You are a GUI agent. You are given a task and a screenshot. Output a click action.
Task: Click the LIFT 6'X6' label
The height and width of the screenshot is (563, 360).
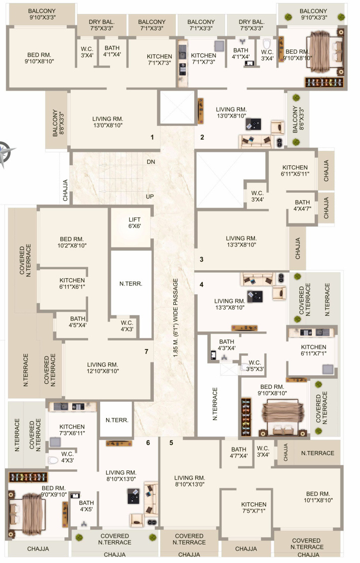pos(135,223)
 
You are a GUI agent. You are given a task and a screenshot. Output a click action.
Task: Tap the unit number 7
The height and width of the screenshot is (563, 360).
pos(146,351)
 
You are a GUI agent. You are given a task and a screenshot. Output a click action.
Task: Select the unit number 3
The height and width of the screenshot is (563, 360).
pos(202,259)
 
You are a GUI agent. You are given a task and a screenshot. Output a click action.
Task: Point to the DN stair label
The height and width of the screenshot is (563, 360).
pos(151,162)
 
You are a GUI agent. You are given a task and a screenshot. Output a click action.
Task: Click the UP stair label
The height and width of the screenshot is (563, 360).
pos(150,197)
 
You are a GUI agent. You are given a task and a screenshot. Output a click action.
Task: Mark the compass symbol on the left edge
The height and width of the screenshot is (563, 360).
pos(5,153)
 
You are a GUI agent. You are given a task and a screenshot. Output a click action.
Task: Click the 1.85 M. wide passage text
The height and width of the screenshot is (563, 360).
pos(175,318)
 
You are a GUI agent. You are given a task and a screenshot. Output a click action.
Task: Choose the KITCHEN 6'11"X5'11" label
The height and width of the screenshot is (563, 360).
pos(295,171)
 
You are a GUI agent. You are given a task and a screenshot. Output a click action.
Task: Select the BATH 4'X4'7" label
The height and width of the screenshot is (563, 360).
pos(303,206)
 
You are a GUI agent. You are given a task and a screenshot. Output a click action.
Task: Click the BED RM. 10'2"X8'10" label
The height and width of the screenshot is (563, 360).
pos(72,242)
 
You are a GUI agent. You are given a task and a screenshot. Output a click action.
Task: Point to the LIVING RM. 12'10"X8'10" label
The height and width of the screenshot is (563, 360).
pos(103,368)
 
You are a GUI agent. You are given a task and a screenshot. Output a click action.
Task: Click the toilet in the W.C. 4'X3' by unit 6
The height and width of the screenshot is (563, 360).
pos(53,460)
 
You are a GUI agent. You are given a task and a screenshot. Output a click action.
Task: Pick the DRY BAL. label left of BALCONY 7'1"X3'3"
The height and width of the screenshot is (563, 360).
pos(102,25)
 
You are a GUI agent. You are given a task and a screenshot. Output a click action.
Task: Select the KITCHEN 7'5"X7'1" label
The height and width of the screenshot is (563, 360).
pos(254,508)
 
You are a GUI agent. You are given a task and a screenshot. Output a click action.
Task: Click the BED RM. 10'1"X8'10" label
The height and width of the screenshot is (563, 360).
pos(318,497)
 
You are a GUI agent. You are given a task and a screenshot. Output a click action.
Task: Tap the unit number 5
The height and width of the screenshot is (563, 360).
pos(171,443)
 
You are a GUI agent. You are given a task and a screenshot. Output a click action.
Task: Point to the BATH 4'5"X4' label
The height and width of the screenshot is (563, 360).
pos(78,322)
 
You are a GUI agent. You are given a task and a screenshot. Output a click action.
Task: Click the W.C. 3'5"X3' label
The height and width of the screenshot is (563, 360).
pos(255,365)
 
